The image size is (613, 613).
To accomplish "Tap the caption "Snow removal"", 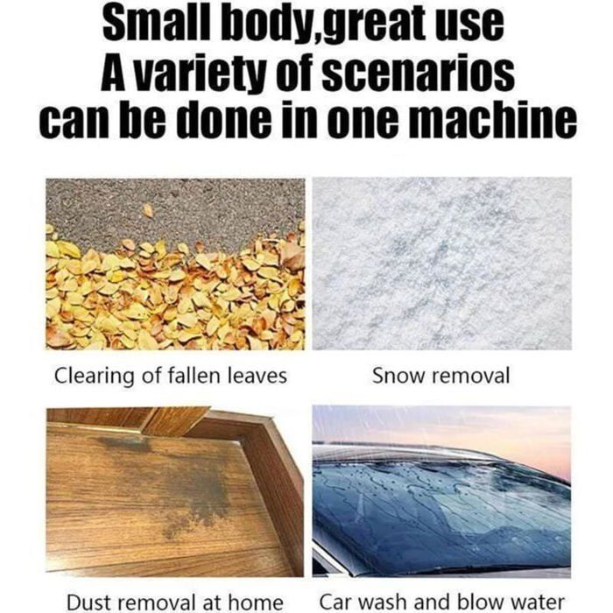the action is [441, 376].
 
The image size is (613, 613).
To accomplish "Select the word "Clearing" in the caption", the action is [94, 377].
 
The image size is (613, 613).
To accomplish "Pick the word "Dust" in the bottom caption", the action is [90, 602].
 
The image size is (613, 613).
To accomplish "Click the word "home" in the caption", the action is [256, 602].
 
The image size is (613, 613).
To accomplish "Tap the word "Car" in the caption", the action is [336, 602].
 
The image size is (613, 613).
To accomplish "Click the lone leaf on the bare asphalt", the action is [148, 211].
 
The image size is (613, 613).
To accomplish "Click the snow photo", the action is [441, 264].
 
